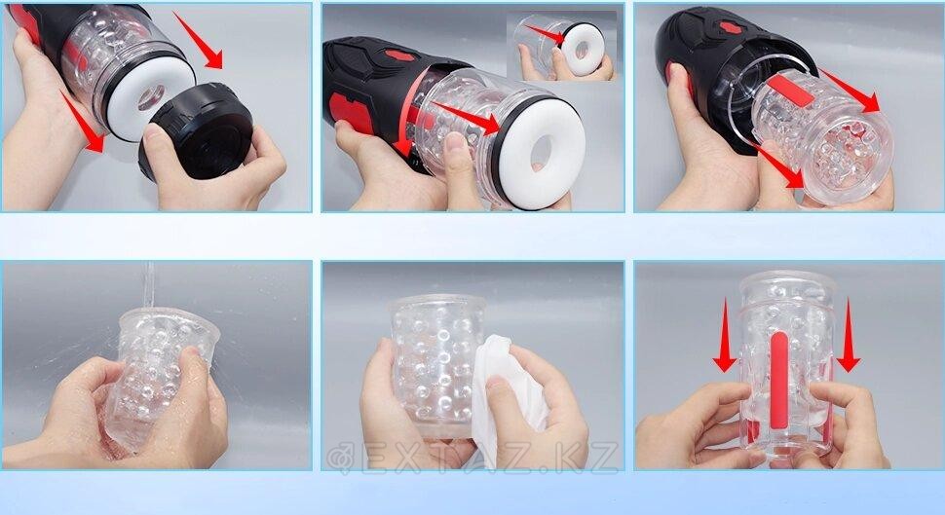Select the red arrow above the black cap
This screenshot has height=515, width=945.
199,40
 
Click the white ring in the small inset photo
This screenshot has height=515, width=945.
582,50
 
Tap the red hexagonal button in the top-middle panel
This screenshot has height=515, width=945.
397,56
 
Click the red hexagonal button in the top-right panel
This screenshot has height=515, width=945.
731,27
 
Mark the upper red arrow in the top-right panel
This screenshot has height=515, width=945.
850,91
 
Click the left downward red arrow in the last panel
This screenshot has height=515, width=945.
725,335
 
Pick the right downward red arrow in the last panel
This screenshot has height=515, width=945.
848,335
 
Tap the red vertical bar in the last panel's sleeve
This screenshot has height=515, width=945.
778,380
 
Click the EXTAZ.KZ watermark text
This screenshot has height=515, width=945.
473,458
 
